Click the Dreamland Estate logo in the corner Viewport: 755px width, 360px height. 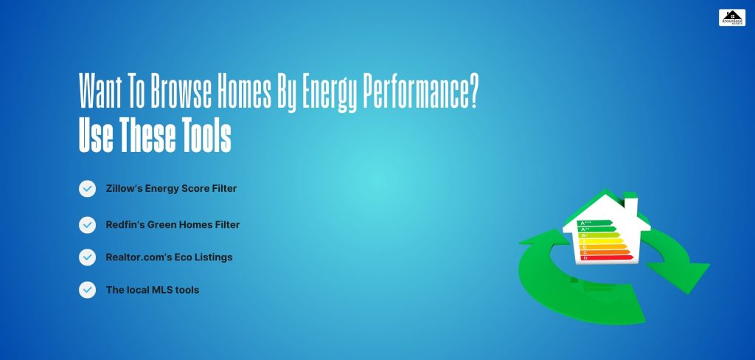(x=731, y=17)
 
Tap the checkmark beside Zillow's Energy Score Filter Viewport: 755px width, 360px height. (x=87, y=189)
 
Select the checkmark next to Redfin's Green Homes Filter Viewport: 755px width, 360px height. (x=87, y=224)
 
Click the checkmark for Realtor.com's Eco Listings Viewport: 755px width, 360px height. (x=87, y=257)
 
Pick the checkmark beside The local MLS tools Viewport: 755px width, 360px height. (x=87, y=290)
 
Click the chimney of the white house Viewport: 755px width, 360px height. (x=630, y=204)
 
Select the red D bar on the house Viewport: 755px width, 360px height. (x=607, y=257)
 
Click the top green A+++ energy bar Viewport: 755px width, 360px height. (x=596, y=222)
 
